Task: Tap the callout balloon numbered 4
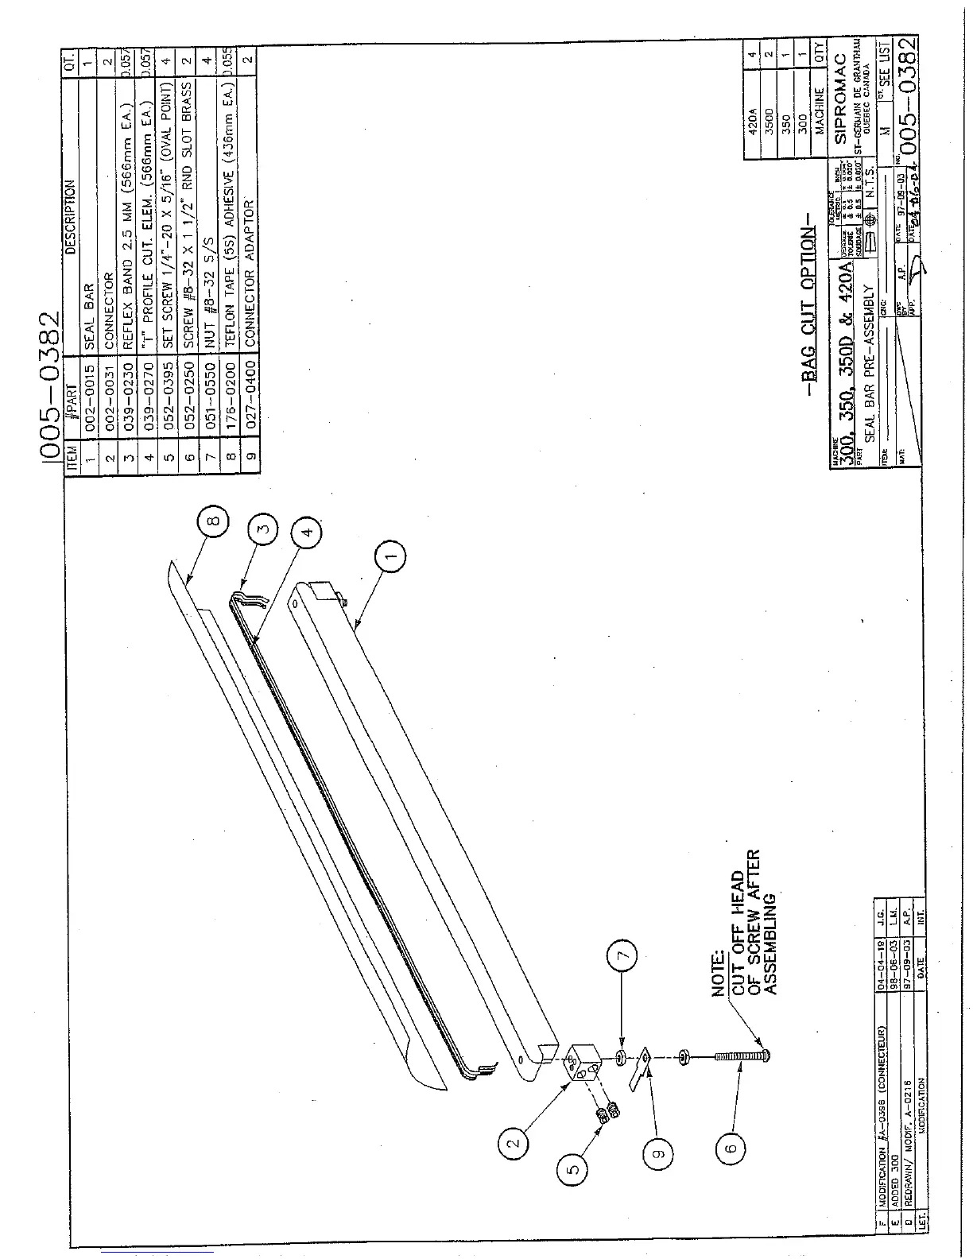click(x=309, y=530)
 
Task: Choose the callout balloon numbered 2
click(x=514, y=1144)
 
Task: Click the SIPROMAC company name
click(x=844, y=110)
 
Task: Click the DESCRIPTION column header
click(x=70, y=215)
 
